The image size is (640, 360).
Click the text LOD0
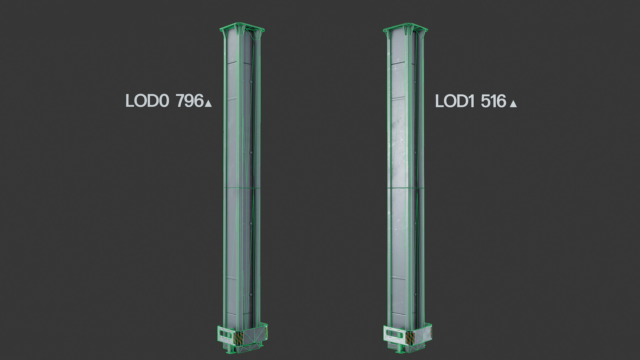tap(147, 101)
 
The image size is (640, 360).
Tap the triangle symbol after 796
tap(208, 103)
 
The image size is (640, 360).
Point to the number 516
tap(494, 101)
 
